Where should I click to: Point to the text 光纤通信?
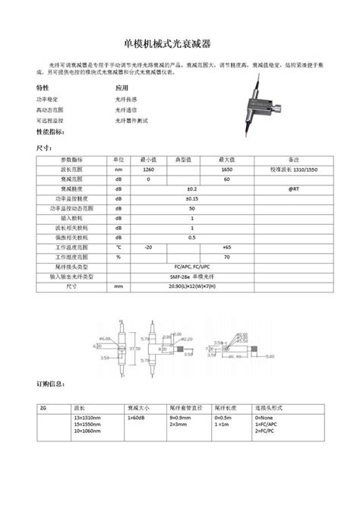127,109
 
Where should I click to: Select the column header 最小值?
148,160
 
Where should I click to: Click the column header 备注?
293,160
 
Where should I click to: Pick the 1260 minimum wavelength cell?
148,169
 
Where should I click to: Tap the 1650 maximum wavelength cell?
226,169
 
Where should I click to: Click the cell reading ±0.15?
191,198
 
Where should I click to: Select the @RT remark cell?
293,188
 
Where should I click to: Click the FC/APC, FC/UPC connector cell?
191,267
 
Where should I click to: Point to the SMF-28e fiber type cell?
191,277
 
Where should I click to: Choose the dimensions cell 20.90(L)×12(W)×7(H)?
191,287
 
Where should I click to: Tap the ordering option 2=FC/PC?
268,430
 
